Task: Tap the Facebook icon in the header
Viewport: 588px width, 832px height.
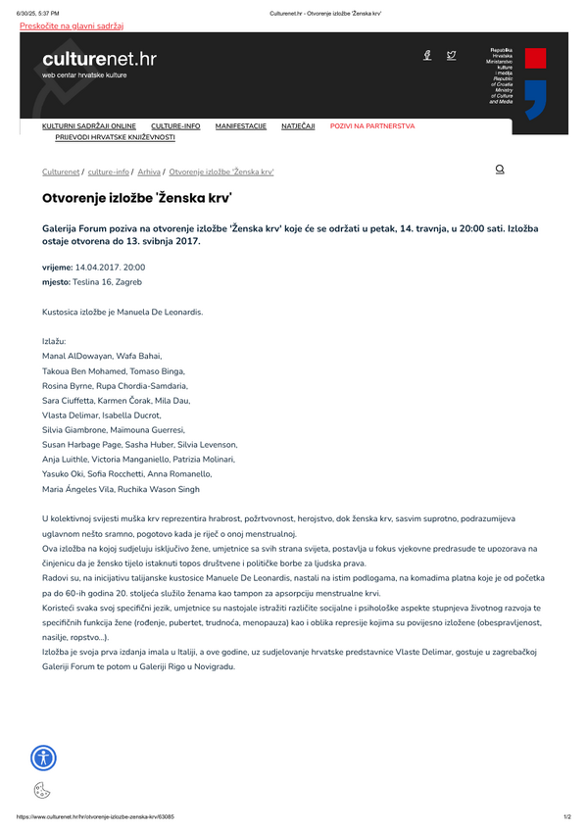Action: coord(427,56)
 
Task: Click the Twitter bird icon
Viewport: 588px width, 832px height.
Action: coord(451,56)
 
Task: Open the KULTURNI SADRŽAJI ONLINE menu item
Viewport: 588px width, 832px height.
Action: coord(89,126)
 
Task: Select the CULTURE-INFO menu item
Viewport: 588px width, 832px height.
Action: coord(175,126)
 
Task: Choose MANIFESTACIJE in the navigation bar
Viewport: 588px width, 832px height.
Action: coord(241,126)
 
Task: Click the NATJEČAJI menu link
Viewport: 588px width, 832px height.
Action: coord(298,126)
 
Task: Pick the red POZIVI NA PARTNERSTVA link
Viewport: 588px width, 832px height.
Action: coord(372,126)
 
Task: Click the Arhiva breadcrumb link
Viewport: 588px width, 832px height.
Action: coord(149,171)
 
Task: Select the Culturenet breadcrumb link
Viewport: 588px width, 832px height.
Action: coord(61,171)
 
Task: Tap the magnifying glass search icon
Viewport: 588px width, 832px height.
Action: coord(500,170)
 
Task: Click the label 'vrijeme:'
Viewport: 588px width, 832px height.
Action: coord(57,267)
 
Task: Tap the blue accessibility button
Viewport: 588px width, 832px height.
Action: coord(43,757)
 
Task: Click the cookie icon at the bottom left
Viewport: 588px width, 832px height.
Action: coord(41,790)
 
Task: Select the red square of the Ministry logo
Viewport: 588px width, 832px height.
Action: coord(535,57)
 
